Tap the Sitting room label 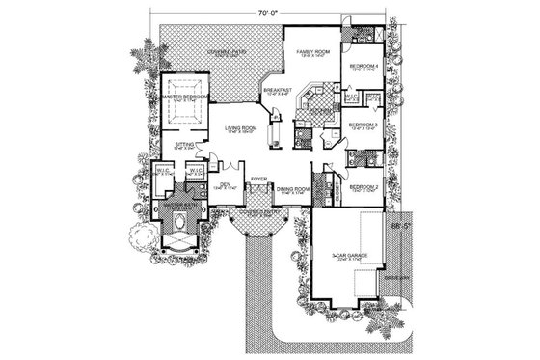tap(186, 146)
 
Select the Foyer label tap(259, 180)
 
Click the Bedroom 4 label tap(364, 66)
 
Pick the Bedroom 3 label tap(362, 125)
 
